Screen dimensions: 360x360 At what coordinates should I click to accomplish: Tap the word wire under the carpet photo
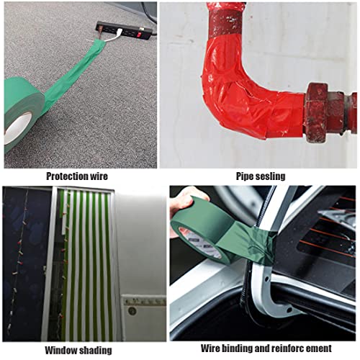tap(99, 176)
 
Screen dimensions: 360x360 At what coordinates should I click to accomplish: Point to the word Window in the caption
tap(60, 351)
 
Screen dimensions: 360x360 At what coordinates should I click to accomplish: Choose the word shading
tap(95, 351)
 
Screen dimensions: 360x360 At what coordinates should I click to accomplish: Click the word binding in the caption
tap(237, 348)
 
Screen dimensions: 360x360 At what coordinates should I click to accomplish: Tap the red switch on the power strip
tap(138, 35)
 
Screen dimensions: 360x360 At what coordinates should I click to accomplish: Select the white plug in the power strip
tap(118, 33)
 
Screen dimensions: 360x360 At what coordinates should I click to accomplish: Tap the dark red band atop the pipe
tap(225, 24)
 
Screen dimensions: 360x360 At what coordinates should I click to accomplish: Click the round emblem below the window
tap(132, 311)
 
